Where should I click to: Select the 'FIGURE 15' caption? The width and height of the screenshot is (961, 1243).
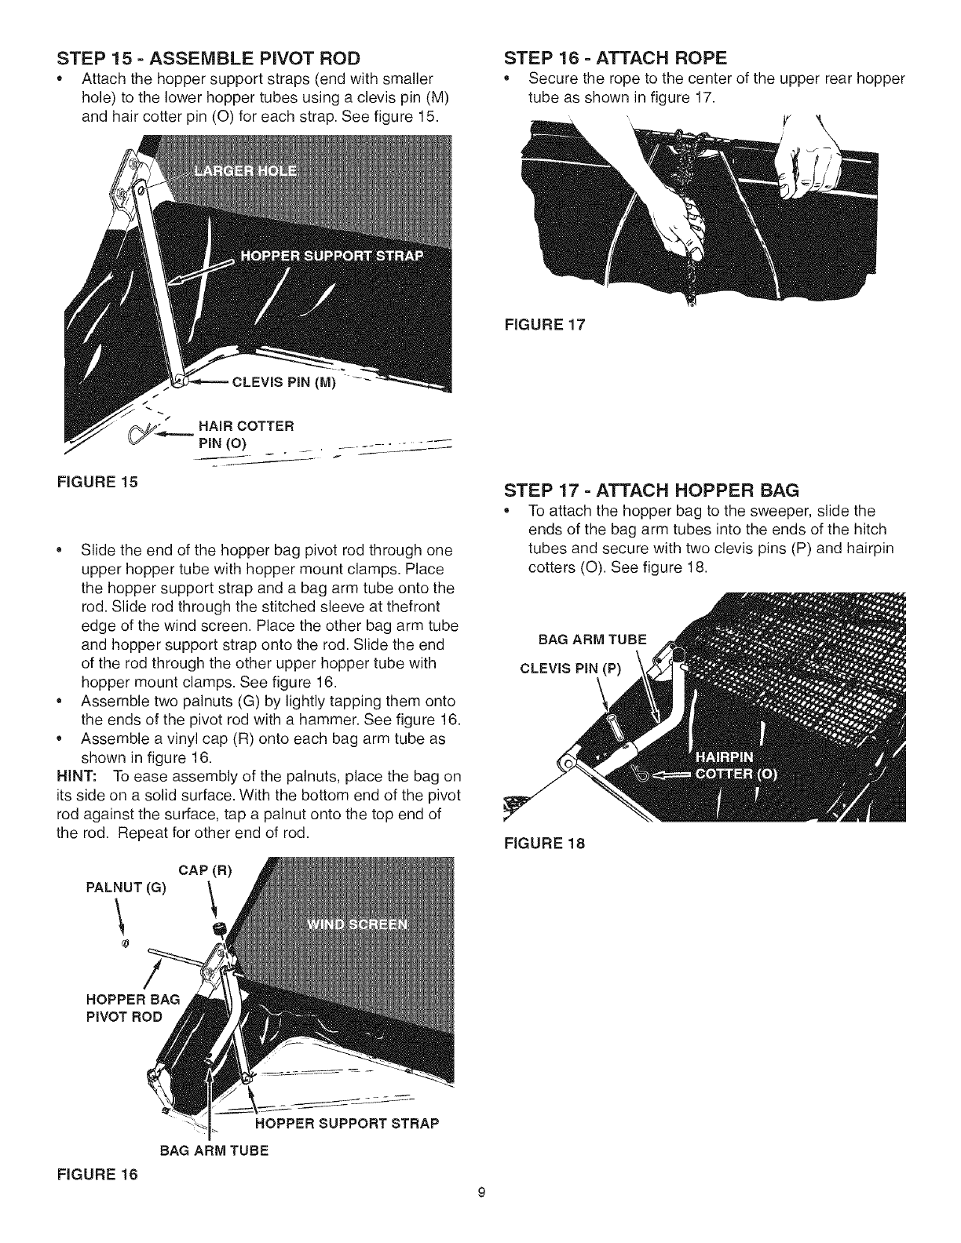[x=99, y=481]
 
